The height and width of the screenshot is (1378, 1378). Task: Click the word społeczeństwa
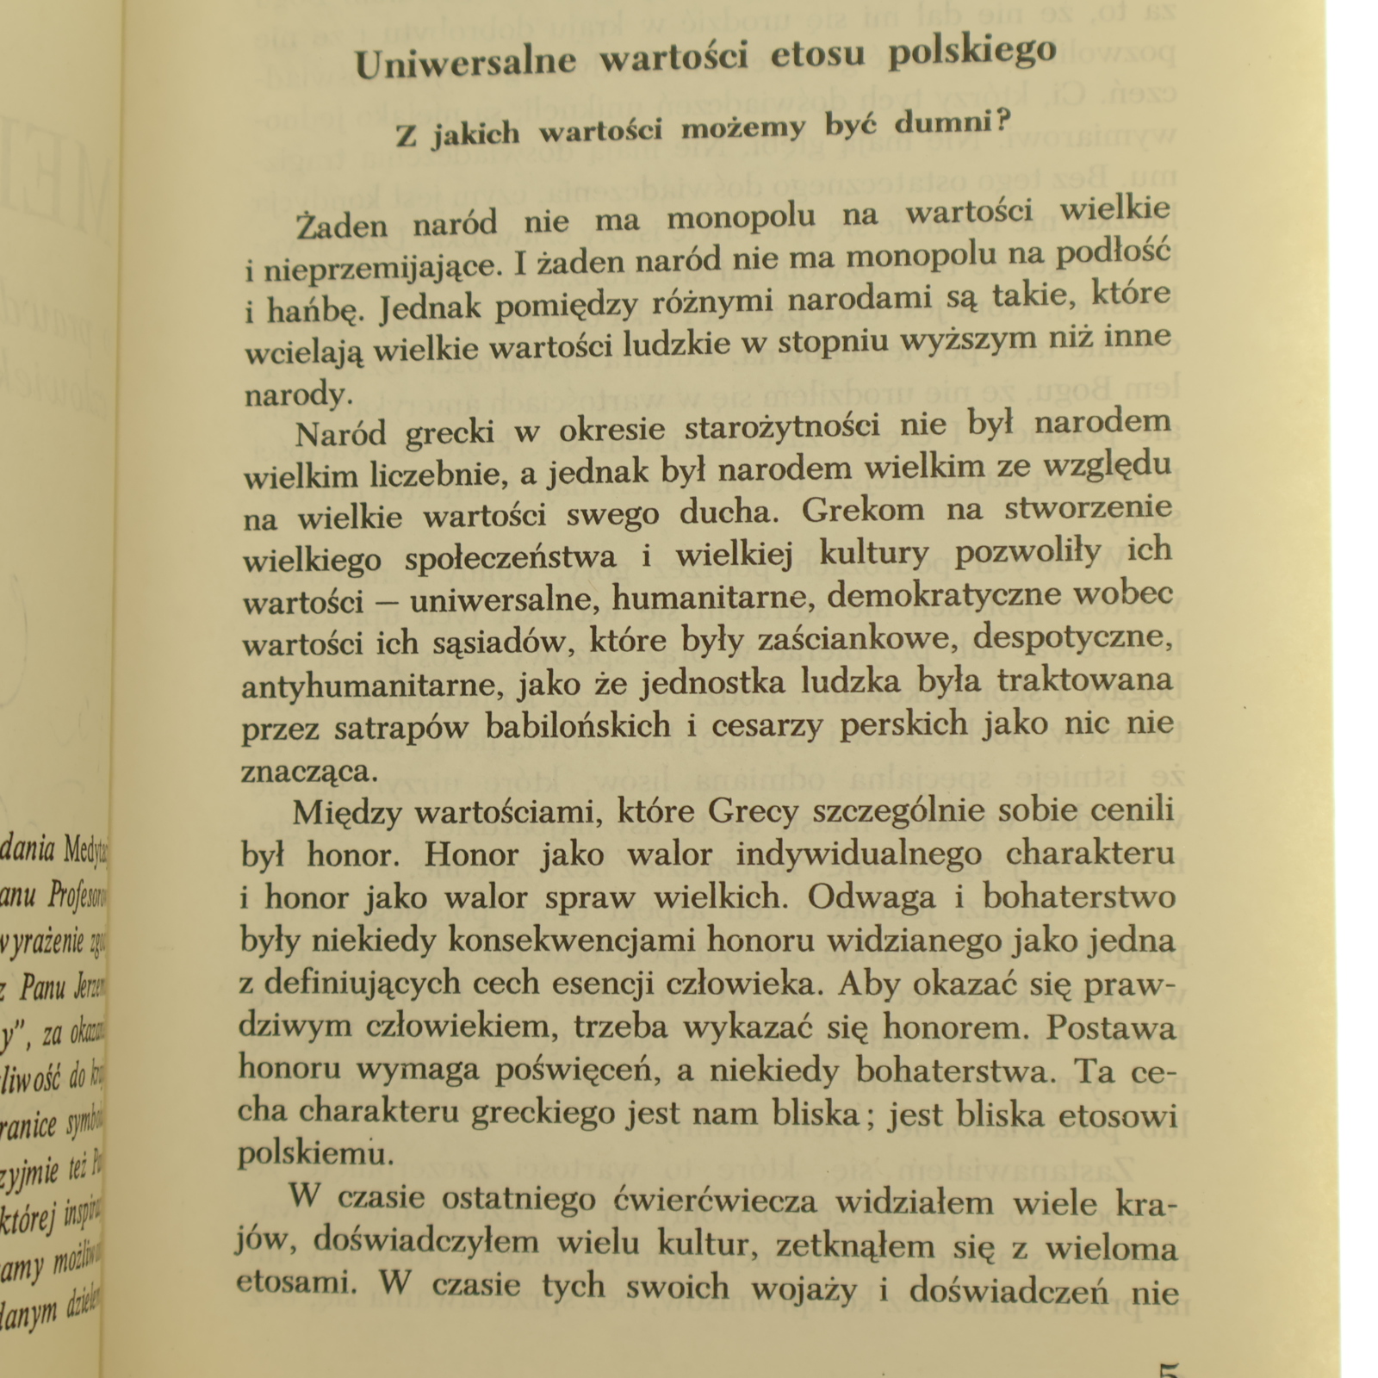(x=510, y=558)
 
